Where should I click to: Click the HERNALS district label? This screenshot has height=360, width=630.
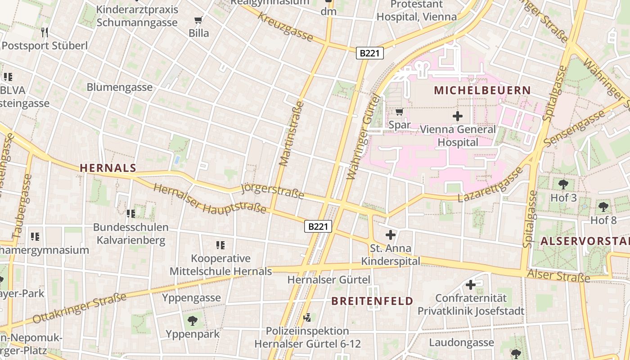(108, 168)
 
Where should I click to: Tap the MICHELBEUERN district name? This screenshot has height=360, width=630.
(482, 90)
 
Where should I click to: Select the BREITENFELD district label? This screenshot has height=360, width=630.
(372, 301)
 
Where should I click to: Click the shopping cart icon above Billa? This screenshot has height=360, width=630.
(198, 20)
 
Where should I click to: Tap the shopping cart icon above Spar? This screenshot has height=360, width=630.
(399, 112)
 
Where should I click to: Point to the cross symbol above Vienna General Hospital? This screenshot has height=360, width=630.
(458, 116)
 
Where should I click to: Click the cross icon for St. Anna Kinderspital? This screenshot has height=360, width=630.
(390, 234)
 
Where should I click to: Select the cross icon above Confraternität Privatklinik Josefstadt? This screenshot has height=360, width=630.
(471, 285)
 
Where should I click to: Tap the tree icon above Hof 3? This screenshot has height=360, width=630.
(563, 184)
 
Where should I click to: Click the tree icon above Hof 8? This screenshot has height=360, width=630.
(603, 207)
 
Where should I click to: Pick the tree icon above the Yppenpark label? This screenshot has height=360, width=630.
(193, 320)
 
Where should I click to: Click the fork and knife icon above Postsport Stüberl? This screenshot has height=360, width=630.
(44, 32)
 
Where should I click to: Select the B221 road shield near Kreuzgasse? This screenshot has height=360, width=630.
(370, 53)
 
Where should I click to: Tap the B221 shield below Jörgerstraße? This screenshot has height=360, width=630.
(318, 226)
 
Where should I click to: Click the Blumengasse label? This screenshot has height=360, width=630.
(120, 87)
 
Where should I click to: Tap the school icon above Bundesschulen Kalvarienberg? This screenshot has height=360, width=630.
(131, 213)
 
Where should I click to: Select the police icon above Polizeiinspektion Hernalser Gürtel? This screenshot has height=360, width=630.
(308, 318)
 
